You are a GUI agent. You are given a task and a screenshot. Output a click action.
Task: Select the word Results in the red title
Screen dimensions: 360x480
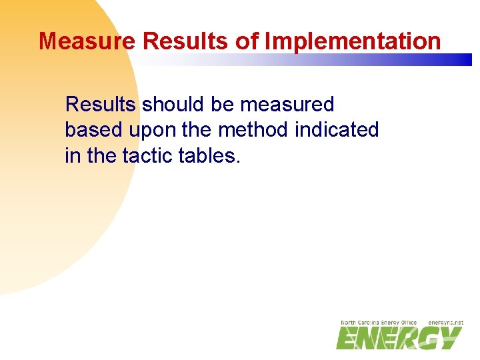point(185,41)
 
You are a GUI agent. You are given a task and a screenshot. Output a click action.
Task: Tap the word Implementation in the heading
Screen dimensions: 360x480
point(353,41)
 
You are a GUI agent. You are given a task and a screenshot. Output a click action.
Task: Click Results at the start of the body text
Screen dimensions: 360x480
point(101,105)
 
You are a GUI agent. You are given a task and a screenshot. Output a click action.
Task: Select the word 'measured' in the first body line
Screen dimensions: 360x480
point(287,105)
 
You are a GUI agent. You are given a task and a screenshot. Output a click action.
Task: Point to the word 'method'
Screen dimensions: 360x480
point(255,130)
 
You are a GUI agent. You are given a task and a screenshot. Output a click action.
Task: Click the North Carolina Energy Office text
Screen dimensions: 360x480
point(378,323)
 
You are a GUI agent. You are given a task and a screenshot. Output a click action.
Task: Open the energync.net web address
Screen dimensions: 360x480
point(445,323)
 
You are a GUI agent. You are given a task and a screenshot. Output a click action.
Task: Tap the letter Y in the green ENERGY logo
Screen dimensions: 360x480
point(447,338)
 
